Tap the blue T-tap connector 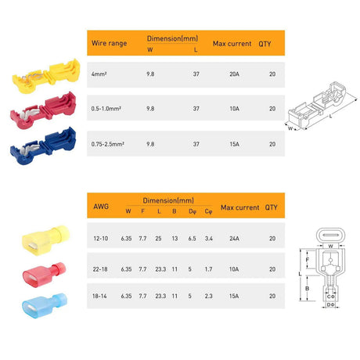(42, 142)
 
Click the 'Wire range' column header (109, 44)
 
